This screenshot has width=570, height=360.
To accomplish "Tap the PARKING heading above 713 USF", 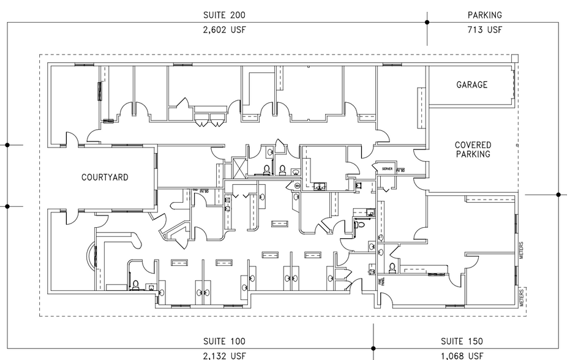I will (x=485, y=15).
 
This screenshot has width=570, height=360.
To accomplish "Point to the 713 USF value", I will (x=485, y=29).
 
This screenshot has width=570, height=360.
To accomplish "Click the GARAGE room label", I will (x=471, y=85).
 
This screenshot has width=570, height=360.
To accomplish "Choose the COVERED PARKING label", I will (x=473, y=150).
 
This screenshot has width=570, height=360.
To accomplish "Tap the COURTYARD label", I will (x=105, y=178).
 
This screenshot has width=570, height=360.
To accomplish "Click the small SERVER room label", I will (x=387, y=168).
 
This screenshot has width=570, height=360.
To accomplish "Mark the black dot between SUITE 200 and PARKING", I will (x=427, y=22).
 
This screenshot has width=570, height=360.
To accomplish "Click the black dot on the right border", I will (x=558, y=195).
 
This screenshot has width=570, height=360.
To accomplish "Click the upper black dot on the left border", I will (x=7, y=145).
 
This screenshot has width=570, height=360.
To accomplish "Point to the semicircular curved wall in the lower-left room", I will (x=92, y=257).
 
